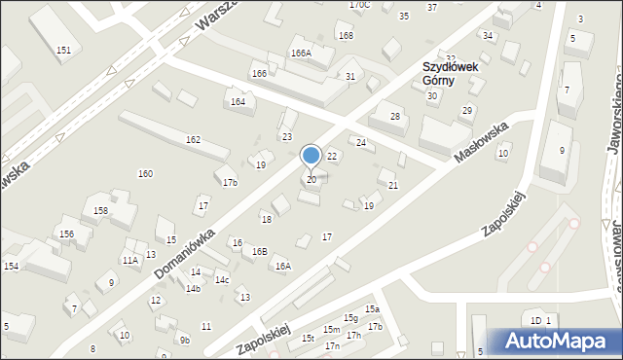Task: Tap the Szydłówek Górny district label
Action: pyautogui.click(x=454, y=75)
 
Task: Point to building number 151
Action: pyautogui.click(x=63, y=49)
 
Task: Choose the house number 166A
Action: pyautogui.click(x=301, y=53)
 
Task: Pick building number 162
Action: pyautogui.click(x=194, y=140)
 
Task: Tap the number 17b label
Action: pyautogui.click(x=230, y=183)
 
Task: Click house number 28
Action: pyautogui.click(x=395, y=117)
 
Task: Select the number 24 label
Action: pyautogui.click(x=361, y=143)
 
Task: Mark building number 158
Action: pyautogui.click(x=100, y=210)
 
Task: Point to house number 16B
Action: pyautogui.click(x=259, y=251)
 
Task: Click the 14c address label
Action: pyautogui.click(x=222, y=280)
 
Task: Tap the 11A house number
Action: pyautogui.click(x=129, y=260)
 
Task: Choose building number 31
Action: pyautogui.click(x=350, y=76)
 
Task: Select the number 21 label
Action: pyautogui.click(x=393, y=185)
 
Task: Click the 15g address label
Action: pyautogui.click(x=350, y=318)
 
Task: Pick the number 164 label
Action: pyautogui.click(x=238, y=101)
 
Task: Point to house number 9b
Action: pyautogui.click(x=184, y=340)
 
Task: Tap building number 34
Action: pyautogui.click(x=488, y=36)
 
